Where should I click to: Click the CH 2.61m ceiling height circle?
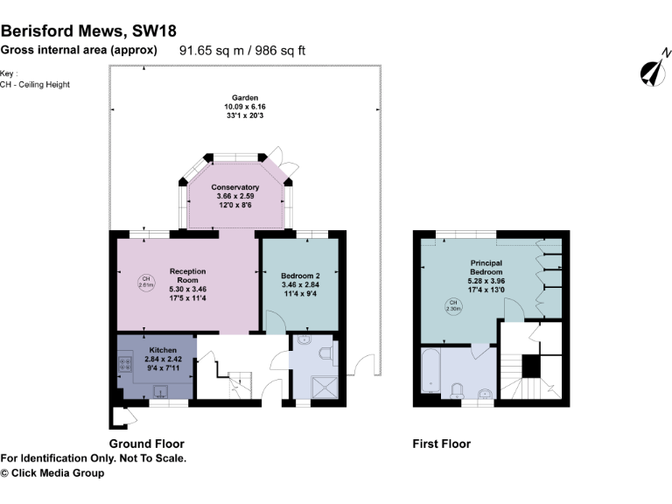[146, 283]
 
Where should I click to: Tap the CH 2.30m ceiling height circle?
[453, 305]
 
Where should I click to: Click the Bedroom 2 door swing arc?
[275, 324]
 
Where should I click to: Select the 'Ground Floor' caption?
[146, 444]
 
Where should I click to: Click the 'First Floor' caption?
[441, 444]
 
